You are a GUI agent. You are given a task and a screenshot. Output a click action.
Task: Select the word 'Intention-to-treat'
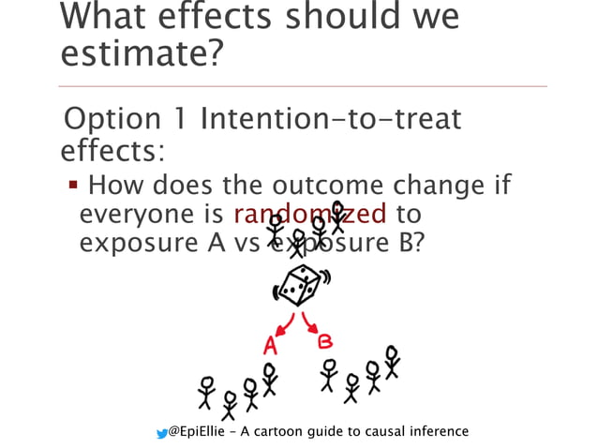[331, 121]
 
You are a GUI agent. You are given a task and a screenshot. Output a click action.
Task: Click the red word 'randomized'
[309, 214]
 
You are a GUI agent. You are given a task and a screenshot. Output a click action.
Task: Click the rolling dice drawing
[298, 286]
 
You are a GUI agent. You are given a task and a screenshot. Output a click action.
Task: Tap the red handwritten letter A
[270, 344]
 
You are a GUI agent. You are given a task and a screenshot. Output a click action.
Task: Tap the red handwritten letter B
[325, 339]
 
